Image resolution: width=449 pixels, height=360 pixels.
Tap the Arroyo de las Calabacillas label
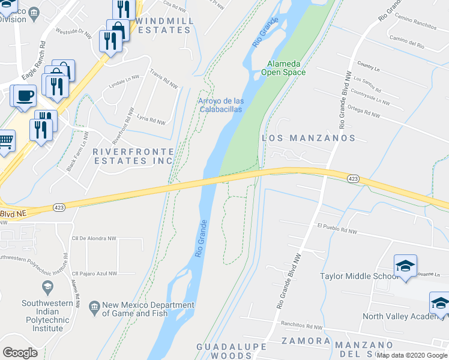tap(221, 105)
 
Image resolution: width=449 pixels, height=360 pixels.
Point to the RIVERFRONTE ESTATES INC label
tap(133, 157)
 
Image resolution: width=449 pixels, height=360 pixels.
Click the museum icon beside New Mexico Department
tap(94, 305)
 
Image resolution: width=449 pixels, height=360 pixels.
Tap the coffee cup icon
tap(24, 96)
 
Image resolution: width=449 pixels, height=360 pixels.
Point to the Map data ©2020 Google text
tap(411, 355)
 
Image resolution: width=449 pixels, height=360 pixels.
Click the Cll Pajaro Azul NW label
tap(94, 274)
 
